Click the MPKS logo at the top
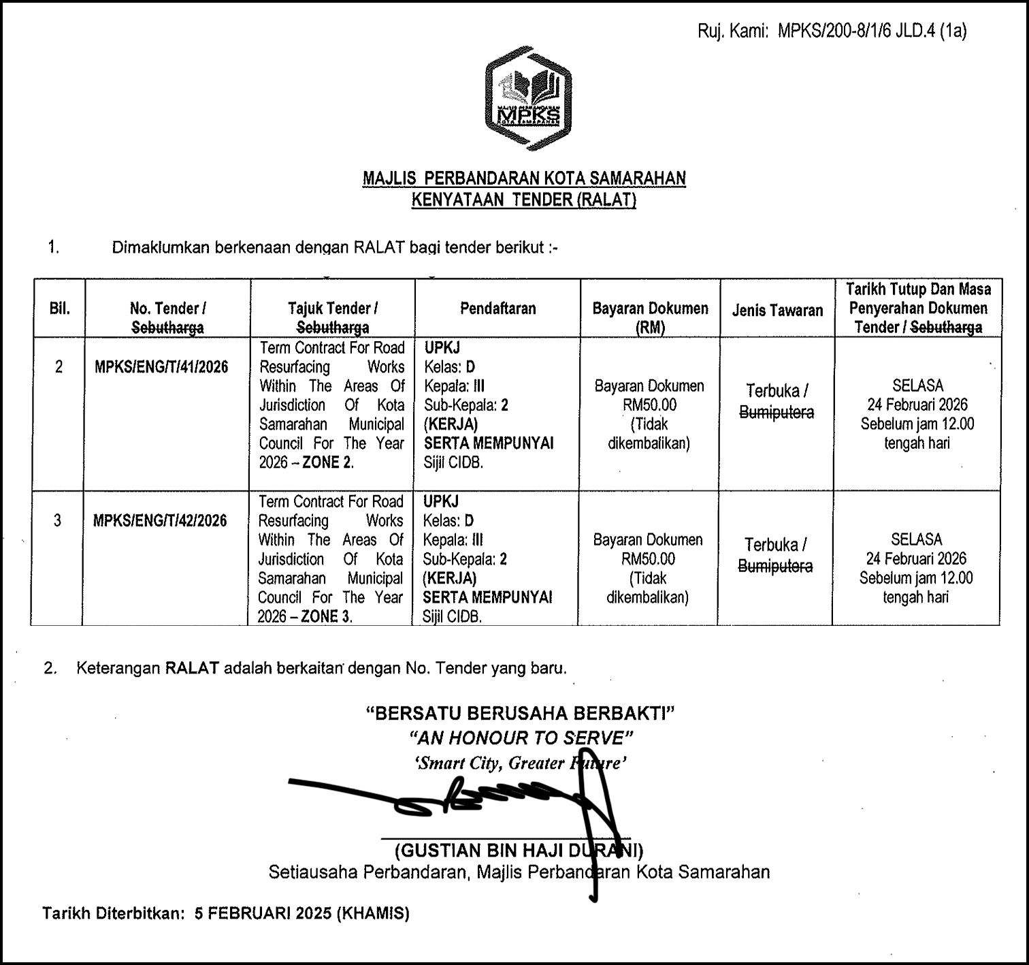click(x=528, y=98)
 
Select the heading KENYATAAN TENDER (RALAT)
click(x=523, y=200)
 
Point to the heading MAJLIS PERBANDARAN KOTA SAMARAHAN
click(x=524, y=178)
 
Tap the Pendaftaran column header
click(x=497, y=309)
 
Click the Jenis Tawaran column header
click(x=777, y=311)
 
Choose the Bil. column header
click(x=59, y=309)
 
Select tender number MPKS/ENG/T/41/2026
click(x=161, y=367)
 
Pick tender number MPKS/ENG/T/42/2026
click(x=160, y=521)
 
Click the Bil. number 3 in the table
click(x=57, y=521)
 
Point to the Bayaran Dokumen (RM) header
click(x=650, y=317)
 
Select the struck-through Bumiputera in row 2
click(x=777, y=413)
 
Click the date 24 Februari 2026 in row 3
click(x=916, y=559)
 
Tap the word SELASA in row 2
click(x=917, y=385)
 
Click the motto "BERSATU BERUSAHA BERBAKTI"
click(x=521, y=713)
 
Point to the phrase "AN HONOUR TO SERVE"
click(x=521, y=738)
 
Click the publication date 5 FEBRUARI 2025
click(x=263, y=913)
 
